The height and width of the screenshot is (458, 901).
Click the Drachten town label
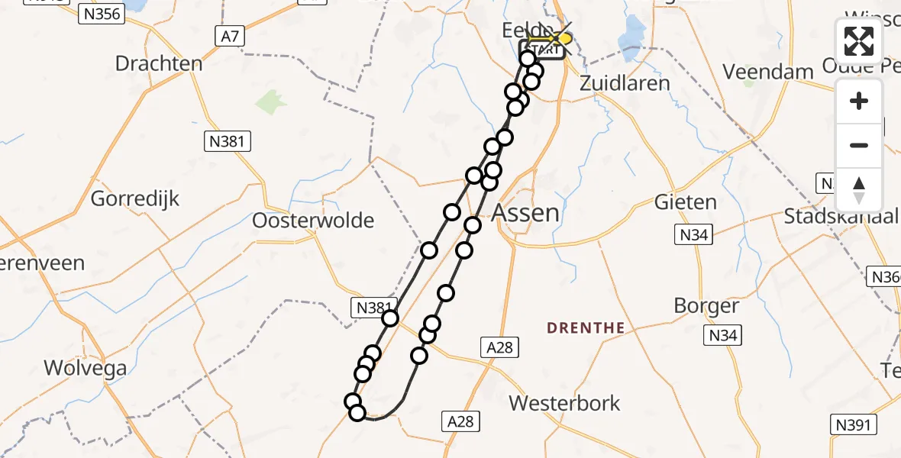159,63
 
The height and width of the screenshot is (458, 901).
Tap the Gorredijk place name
135,199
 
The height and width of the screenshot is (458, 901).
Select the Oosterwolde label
313,221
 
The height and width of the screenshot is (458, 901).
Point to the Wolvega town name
85,368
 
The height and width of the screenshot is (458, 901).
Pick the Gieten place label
685,202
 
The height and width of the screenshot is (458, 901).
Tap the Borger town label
706,306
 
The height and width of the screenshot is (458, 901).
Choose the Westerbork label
564,403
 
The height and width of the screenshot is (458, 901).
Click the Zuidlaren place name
625,82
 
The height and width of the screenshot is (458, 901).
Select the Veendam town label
767,72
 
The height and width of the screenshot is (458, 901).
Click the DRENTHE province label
586,328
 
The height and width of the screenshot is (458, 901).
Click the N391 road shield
854,425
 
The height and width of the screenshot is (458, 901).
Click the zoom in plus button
859,101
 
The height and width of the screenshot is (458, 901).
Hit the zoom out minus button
859,145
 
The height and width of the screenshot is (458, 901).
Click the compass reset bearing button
859,189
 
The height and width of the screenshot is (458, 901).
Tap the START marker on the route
543,50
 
